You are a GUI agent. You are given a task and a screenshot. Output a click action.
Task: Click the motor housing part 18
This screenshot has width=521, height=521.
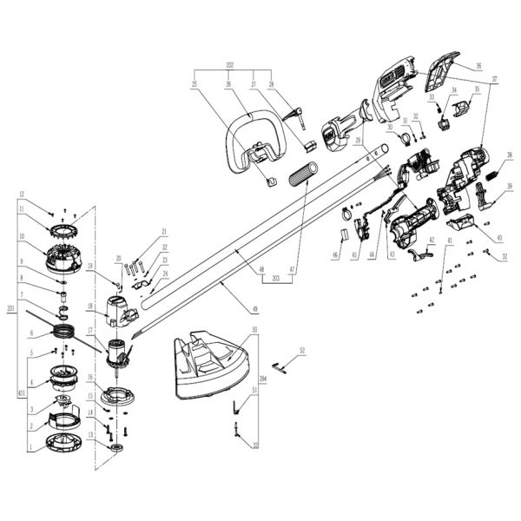120,309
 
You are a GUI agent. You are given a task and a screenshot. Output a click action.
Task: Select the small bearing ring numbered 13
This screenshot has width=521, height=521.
115,446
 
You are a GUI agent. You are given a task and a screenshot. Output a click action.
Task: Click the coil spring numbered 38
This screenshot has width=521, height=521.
491,174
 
